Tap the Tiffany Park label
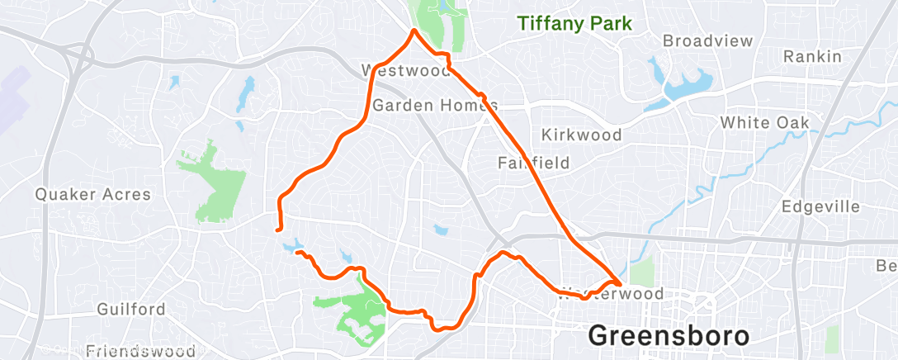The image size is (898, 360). pos(574,24)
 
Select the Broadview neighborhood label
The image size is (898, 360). pos(708,40)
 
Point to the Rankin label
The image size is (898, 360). pos(812,56)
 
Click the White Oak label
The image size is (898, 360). pos(764,122)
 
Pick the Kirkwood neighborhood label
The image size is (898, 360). pos(581,134)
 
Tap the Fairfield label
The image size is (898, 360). pos(533,163)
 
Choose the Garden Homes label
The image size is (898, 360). pos(435,106)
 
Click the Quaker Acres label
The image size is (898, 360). pos(92,195)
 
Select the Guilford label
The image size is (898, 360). pos(131,310)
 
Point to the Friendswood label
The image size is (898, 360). pos(140,351)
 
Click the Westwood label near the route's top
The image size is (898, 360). pos(406,70)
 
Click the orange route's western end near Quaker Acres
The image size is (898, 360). pos(276,230)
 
